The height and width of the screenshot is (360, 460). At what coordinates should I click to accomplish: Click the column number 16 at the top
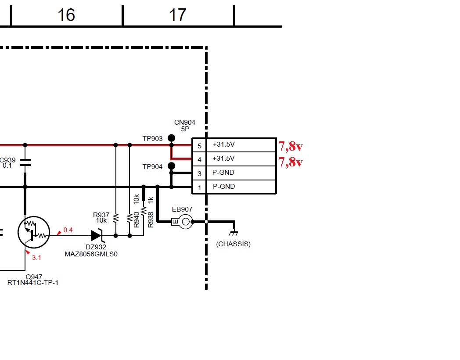pyautogui.click(x=66, y=15)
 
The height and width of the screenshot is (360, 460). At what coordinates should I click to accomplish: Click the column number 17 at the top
pyautogui.click(x=178, y=15)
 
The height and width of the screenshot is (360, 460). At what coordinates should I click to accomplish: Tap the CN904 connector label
pyautogui.click(x=184, y=122)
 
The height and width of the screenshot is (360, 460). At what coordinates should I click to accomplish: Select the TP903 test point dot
pyautogui.click(x=171, y=138)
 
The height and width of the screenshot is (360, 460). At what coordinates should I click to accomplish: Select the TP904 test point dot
pyautogui.click(x=171, y=166)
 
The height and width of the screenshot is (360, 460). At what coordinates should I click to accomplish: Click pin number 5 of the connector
pyautogui.click(x=199, y=146)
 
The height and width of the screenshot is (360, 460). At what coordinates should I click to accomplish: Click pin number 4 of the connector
pyautogui.click(x=199, y=160)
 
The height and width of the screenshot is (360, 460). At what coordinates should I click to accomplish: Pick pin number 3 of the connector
pyautogui.click(x=199, y=174)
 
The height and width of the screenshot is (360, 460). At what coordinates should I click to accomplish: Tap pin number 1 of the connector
pyautogui.click(x=199, y=188)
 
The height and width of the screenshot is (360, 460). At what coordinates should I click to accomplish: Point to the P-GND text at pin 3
pyautogui.click(x=223, y=173)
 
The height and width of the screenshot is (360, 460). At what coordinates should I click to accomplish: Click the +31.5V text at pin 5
pyautogui.click(x=223, y=144)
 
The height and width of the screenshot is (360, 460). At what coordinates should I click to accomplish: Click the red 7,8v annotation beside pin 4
pyautogui.click(x=291, y=162)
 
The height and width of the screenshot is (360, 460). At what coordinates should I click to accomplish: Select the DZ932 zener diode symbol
pyautogui.click(x=97, y=235)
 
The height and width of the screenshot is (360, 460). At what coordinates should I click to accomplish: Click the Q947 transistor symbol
pyautogui.click(x=34, y=232)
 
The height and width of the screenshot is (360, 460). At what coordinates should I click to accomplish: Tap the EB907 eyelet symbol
pyautogui.click(x=182, y=222)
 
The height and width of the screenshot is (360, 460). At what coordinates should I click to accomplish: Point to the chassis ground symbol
pyautogui.click(x=234, y=233)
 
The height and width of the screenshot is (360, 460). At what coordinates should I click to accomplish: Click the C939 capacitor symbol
pyautogui.click(x=25, y=162)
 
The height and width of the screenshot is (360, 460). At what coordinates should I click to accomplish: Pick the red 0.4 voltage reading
pyautogui.click(x=68, y=230)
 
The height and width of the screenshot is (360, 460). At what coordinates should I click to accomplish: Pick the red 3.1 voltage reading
pyautogui.click(x=36, y=258)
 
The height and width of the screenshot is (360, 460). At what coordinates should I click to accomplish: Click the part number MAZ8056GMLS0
pyautogui.click(x=91, y=254)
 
